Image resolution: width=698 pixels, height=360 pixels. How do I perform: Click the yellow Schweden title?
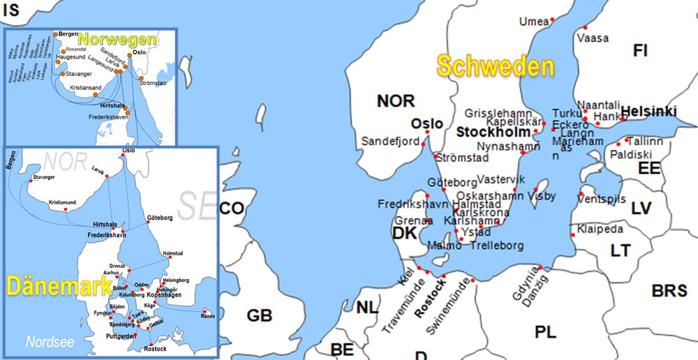[x=495, y=66]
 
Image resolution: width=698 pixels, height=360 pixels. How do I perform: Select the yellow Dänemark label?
[x=59, y=285]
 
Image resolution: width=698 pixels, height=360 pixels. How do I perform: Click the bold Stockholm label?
[x=493, y=131]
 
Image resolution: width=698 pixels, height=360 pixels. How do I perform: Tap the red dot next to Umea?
[x=552, y=19]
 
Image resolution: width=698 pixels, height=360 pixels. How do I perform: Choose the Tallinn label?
[x=646, y=141]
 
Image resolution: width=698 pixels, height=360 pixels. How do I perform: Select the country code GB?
[x=259, y=315]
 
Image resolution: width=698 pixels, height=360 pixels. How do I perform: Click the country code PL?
[x=546, y=332]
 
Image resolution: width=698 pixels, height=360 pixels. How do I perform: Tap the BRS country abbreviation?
[x=669, y=291]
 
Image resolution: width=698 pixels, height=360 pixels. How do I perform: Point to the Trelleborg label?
[x=496, y=246]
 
